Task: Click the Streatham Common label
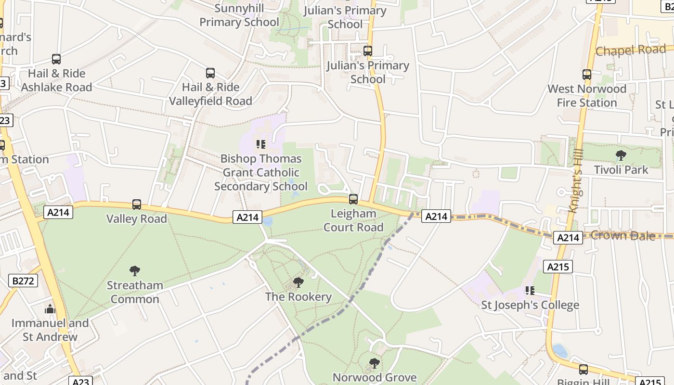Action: [x=135, y=292]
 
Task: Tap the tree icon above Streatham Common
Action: [x=135, y=271]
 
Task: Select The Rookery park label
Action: [x=298, y=296]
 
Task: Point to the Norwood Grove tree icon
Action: [x=374, y=363]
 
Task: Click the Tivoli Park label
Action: [x=621, y=170]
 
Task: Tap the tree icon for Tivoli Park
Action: [x=621, y=155]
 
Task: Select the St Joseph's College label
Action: [x=530, y=305]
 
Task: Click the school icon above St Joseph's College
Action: [x=530, y=290]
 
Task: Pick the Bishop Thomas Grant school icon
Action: [x=261, y=144]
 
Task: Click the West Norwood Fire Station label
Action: [x=587, y=96]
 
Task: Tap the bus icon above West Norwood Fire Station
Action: [x=587, y=75]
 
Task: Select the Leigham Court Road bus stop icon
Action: [x=353, y=199]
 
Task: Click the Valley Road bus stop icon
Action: [x=137, y=205]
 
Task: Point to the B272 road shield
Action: [x=23, y=281]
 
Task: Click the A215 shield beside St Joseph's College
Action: [x=558, y=267]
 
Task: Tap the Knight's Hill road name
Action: [x=576, y=180]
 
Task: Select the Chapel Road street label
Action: [x=631, y=50]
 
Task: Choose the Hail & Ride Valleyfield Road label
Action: [x=210, y=94]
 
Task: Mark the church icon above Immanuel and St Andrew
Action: [x=51, y=308]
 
